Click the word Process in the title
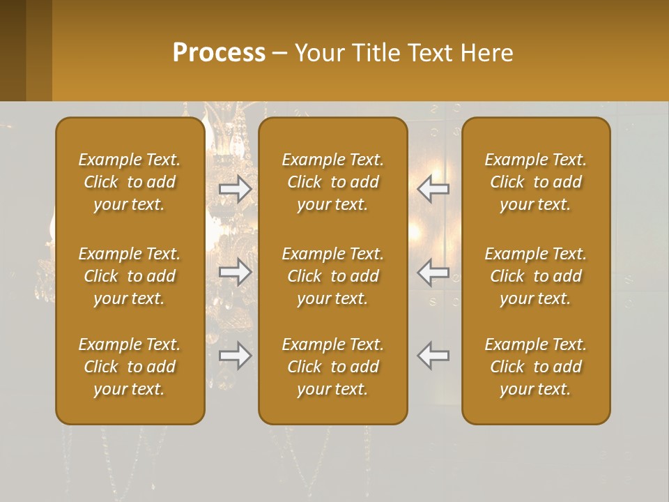point(219,53)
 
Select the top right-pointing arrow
point(236,189)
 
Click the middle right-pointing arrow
point(236,273)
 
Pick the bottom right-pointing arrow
point(236,356)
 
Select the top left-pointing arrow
point(433,189)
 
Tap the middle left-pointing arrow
point(433,273)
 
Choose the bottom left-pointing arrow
point(433,356)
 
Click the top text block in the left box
point(130,182)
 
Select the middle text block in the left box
point(130,276)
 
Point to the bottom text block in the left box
point(130,367)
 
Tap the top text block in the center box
point(332,182)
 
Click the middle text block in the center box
point(332,276)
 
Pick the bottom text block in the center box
point(332,367)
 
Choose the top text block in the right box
point(535,182)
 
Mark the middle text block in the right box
point(535,276)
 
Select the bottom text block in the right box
point(535,367)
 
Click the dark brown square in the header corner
point(13,50)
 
